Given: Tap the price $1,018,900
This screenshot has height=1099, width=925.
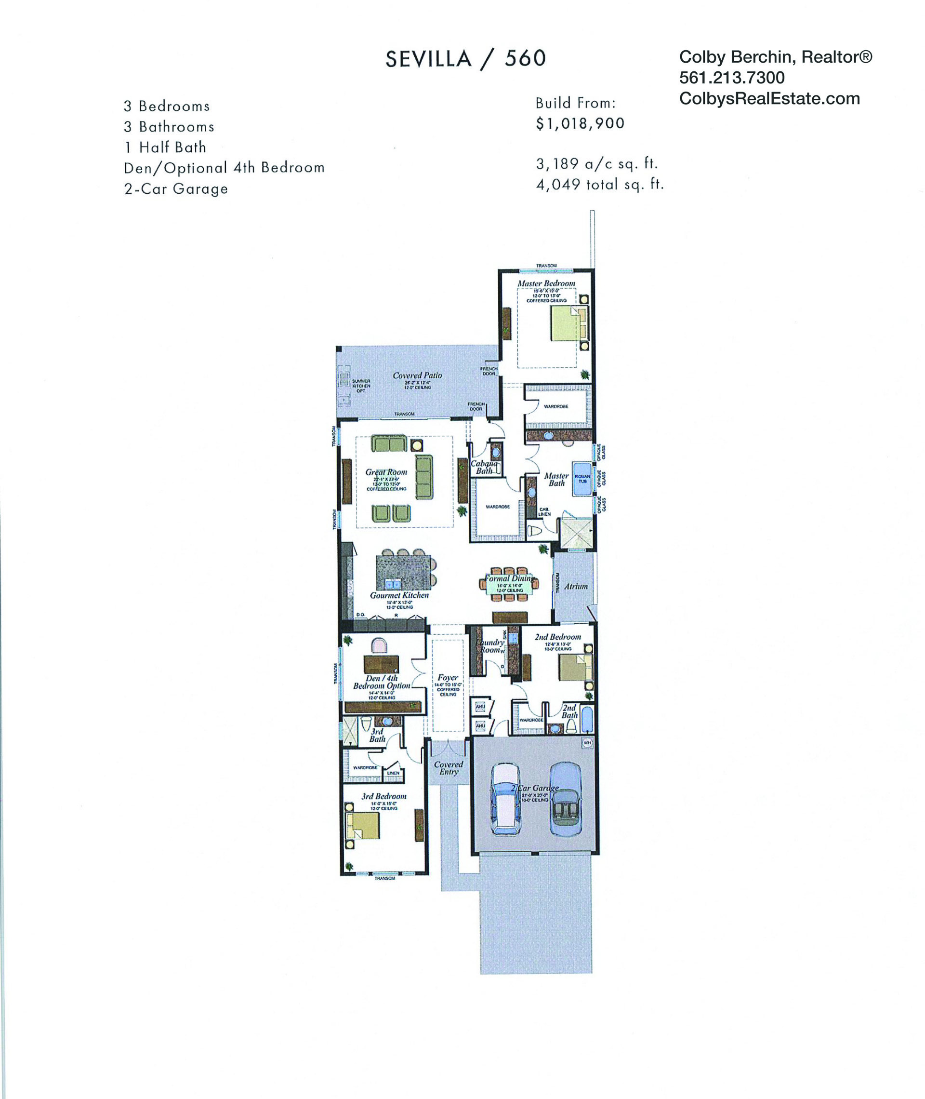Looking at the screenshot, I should tap(580, 124).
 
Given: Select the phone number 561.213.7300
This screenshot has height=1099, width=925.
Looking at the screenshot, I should tap(731, 78).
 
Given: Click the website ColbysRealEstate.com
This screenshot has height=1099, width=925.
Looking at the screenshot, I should tap(769, 99).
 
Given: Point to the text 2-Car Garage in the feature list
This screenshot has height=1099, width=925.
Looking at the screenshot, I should tap(176, 189).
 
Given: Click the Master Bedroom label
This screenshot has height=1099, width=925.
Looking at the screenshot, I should tap(546, 283).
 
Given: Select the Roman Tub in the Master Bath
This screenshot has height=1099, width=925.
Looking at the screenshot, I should tap(582, 479).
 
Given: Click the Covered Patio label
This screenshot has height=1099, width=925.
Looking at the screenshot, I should tap(417, 375).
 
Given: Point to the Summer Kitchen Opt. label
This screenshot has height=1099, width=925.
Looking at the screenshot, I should tap(361, 386).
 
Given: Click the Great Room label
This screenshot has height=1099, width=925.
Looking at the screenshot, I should tap(386, 472).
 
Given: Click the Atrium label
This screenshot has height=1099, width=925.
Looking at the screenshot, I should tap(576, 587).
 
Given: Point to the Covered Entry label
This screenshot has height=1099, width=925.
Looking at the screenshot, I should tap(449, 768).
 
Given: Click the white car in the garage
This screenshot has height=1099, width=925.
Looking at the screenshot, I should tap(504, 798).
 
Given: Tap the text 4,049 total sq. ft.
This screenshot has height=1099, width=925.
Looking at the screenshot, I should tap(599, 185).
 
